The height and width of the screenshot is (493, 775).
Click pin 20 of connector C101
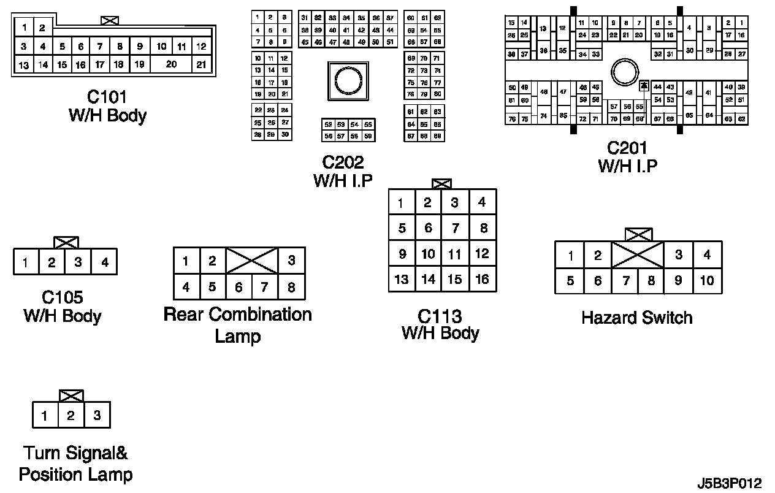click(x=171, y=64)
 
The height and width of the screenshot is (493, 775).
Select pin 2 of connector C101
click(x=42, y=28)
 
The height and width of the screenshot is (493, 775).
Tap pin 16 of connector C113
click(x=483, y=280)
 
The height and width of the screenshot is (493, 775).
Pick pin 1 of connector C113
click(x=401, y=203)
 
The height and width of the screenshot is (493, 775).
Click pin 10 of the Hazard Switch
click(x=707, y=281)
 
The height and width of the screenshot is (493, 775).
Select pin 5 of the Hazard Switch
click(x=570, y=281)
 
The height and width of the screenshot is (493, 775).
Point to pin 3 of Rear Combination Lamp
click(x=291, y=261)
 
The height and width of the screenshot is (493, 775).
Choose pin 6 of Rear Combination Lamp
click(x=239, y=286)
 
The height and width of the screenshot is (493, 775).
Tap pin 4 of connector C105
click(x=105, y=262)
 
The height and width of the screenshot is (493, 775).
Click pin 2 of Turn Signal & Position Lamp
click(x=71, y=416)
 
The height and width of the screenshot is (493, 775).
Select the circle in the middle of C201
click(x=626, y=73)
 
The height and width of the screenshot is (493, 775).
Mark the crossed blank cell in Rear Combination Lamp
click(x=252, y=261)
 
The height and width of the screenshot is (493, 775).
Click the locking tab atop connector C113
click(x=441, y=183)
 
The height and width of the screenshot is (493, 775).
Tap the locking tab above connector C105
click(x=66, y=242)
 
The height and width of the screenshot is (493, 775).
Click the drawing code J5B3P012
click(x=728, y=483)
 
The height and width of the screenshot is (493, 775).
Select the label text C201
click(x=627, y=148)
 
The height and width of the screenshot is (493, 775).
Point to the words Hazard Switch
click(x=637, y=318)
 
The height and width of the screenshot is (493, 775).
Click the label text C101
click(x=107, y=97)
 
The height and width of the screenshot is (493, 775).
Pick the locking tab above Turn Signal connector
click(x=71, y=396)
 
